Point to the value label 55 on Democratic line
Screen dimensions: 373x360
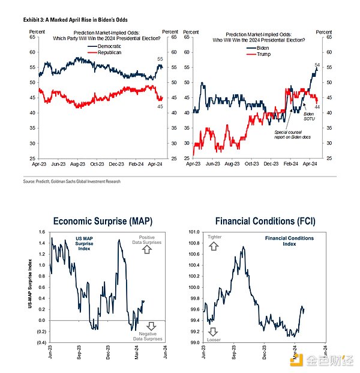160,58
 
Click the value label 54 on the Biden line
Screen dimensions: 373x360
317,64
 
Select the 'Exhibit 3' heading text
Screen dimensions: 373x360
35,20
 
